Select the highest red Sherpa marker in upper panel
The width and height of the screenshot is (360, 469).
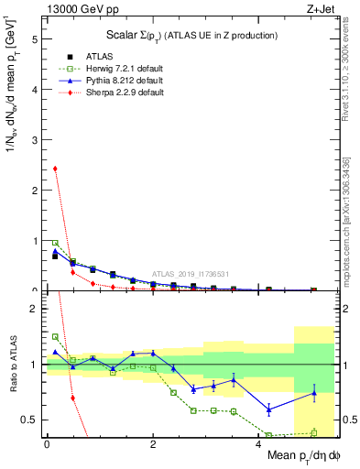(x=55, y=169)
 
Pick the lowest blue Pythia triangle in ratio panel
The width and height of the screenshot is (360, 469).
(x=268, y=409)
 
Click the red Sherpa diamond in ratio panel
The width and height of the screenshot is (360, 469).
(x=72, y=398)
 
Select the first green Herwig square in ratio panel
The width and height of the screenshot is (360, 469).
(x=55, y=336)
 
